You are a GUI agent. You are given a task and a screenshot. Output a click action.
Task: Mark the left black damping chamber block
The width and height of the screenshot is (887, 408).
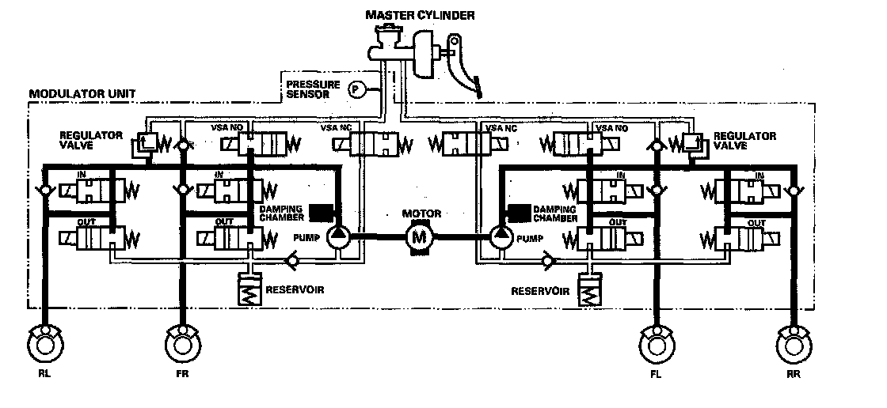[321, 212]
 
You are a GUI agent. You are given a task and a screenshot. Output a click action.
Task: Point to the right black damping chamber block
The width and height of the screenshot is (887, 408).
[519, 212]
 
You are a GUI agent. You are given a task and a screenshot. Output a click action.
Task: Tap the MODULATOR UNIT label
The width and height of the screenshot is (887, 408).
[82, 93]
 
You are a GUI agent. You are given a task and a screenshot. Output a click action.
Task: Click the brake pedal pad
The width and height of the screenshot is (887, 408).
[479, 87]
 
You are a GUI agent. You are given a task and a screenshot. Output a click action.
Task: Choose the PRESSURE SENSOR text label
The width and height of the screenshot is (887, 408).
[313, 89]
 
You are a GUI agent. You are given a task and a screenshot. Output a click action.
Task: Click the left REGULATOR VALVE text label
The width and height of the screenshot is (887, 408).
[90, 140]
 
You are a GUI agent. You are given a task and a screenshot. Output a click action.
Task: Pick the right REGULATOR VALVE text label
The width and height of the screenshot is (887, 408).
[744, 140]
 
